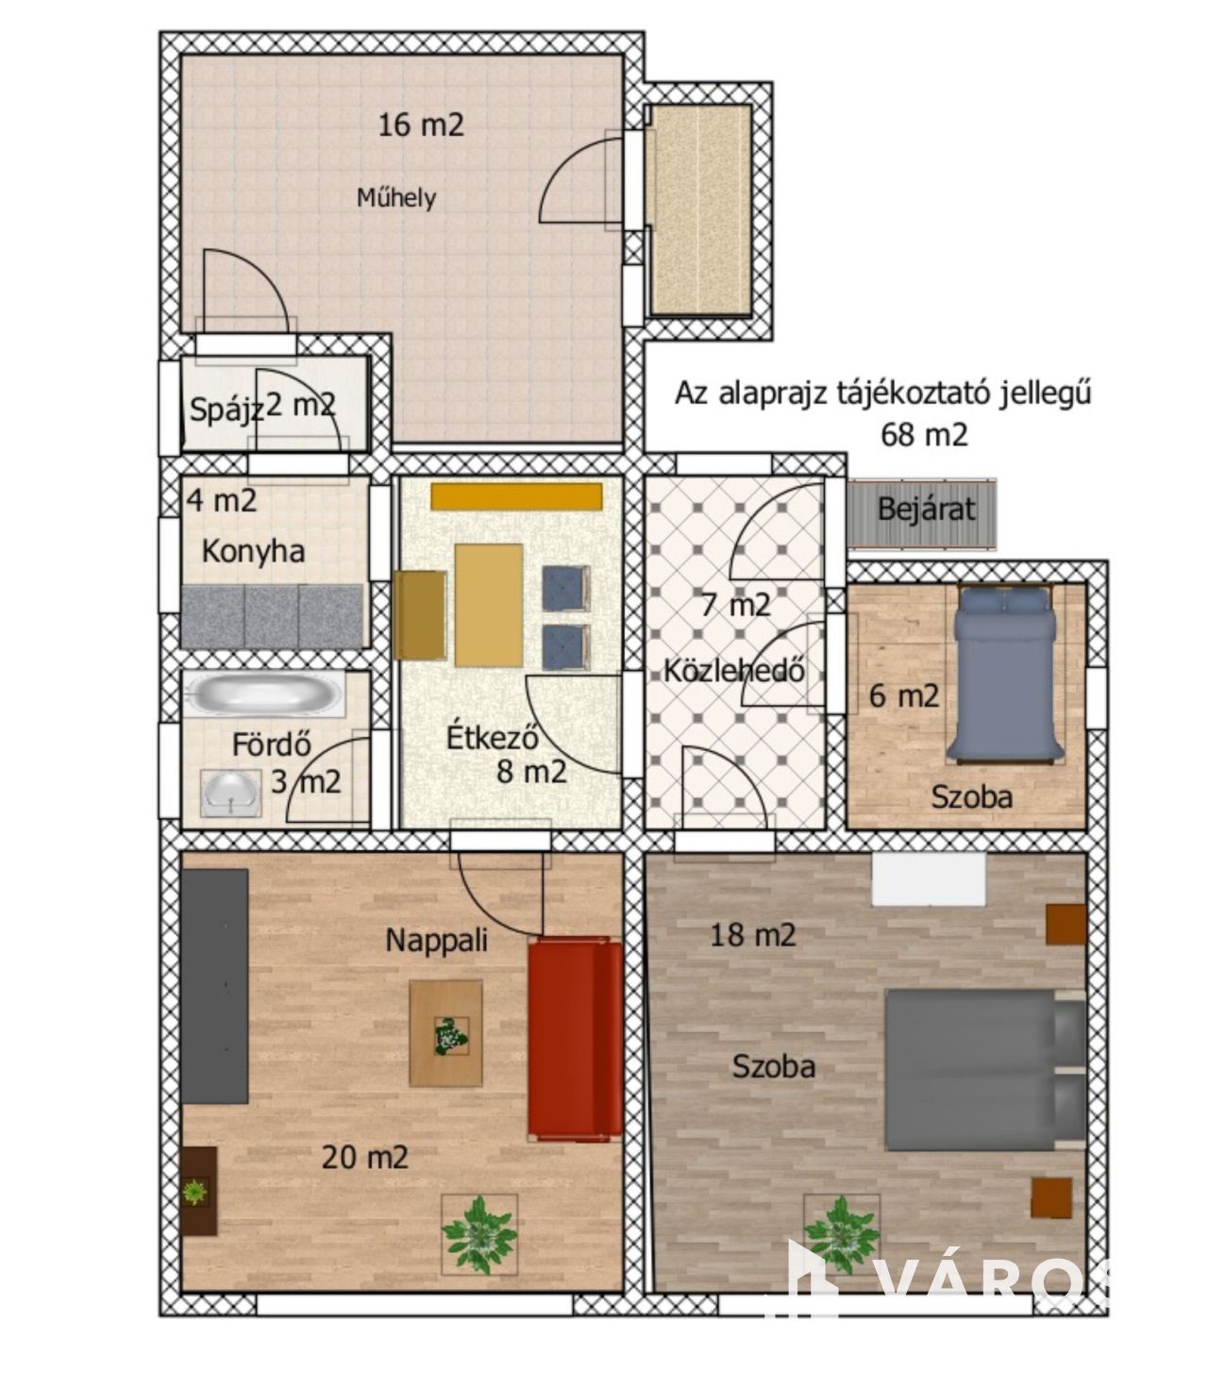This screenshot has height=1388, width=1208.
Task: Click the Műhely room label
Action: click(x=396, y=198)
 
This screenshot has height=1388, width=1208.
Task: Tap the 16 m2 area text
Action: click(x=421, y=125)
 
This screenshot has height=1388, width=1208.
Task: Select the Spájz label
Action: click(x=226, y=410)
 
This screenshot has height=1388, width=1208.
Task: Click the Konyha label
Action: click(x=253, y=552)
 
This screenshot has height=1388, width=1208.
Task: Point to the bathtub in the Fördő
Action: click(x=265, y=694)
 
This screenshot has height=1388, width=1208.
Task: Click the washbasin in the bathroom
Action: click(x=231, y=794)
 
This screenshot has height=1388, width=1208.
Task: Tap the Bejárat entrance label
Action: click(x=926, y=509)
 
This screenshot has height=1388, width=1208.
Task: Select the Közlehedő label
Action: click(x=734, y=671)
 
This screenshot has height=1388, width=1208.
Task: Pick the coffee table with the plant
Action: click(x=445, y=1033)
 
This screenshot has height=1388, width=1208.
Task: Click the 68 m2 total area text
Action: click(x=924, y=435)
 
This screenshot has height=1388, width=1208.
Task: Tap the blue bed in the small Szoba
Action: click(x=1003, y=674)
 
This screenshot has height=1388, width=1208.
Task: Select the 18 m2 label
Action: click(x=752, y=935)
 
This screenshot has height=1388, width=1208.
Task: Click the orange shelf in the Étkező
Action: click(x=516, y=496)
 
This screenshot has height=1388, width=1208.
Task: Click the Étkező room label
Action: click(x=493, y=738)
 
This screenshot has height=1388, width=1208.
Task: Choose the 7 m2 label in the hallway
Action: click(x=736, y=605)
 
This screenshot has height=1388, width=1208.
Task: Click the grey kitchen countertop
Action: click(x=273, y=616)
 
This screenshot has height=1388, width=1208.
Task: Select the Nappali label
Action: click(x=436, y=941)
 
